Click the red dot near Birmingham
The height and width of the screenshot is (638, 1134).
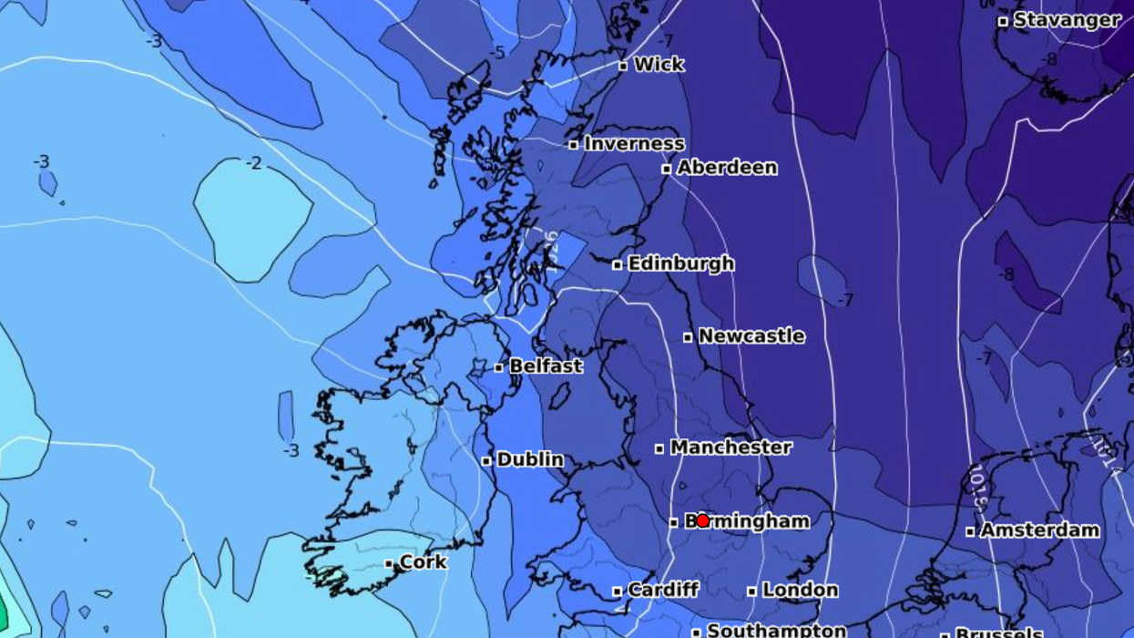(x=702, y=520)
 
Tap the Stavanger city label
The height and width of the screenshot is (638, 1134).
(x=1067, y=20)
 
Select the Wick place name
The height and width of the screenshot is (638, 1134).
(x=659, y=65)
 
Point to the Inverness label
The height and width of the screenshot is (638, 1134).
(x=634, y=144)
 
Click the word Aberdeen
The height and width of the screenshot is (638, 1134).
(x=727, y=168)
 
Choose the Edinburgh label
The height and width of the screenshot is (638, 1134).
(x=680, y=263)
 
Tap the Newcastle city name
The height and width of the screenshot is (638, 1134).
(x=751, y=336)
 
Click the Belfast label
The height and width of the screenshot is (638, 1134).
(x=546, y=366)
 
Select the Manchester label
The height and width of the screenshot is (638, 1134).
(x=730, y=448)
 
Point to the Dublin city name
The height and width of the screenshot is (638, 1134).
(x=529, y=460)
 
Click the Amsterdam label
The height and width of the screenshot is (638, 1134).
(x=1039, y=530)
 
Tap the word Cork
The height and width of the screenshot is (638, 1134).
(x=424, y=562)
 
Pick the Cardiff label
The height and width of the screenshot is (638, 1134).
(x=662, y=591)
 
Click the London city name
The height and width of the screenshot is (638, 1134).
(x=800, y=591)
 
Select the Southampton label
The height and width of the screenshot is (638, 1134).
(x=776, y=630)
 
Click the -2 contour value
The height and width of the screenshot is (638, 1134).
(x=254, y=164)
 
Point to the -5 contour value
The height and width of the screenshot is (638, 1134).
(x=496, y=54)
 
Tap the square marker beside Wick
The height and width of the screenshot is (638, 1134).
(x=623, y=66)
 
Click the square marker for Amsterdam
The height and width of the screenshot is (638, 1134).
(x=970, y=530)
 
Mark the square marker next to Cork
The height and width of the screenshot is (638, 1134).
(x=389, y=563)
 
